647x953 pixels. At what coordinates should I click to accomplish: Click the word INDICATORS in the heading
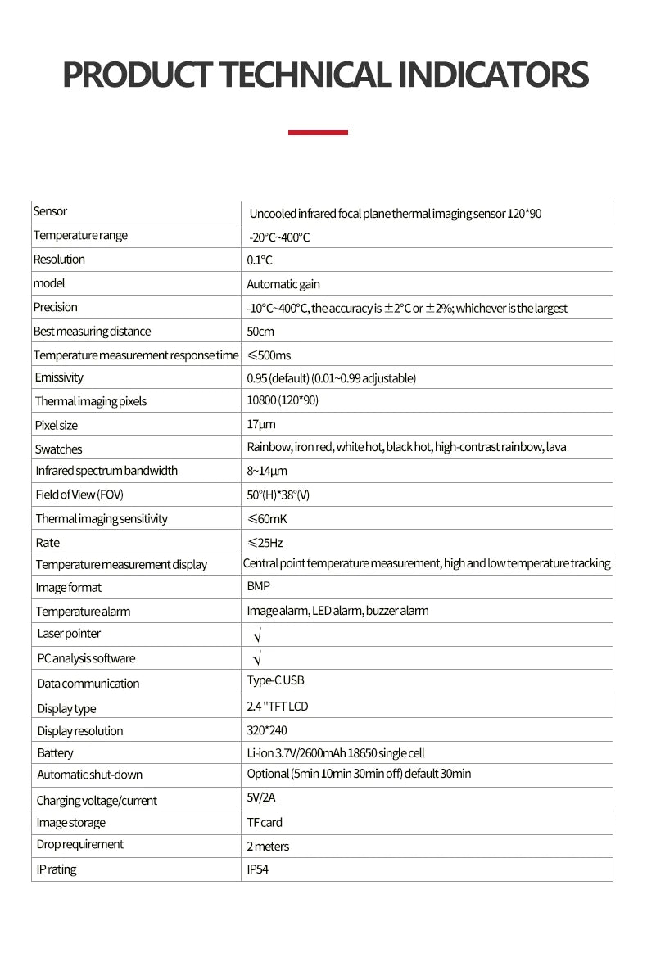coord(494,75)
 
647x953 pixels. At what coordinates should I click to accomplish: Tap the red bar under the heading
coord(319,132)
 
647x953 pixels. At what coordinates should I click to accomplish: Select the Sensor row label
coord(50,211)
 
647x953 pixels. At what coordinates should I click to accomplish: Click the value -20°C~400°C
coord(279,237)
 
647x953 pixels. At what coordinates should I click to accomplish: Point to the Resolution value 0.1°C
coord(260,260)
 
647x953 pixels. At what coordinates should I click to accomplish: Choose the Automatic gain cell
coord(283,284)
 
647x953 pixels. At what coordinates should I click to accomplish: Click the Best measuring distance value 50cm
coord(260,332)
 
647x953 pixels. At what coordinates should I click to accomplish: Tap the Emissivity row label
coord(59,377)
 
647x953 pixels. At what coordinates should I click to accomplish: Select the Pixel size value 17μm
coord(261,424)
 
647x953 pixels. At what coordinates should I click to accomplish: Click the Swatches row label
coord(58,449)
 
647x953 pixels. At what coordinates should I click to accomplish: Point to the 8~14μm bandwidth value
coord(267,471)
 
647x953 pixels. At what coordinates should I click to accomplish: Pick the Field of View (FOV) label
coord(79,495)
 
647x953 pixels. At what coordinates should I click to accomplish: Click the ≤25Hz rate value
coord(265,543)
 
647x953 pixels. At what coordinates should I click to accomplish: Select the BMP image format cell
coord(258,586)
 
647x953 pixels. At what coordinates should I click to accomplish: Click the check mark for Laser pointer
coord(256,635)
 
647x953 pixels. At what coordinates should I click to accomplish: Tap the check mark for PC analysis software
coord(256,658)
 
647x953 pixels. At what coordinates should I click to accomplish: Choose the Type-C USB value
coord(275,680)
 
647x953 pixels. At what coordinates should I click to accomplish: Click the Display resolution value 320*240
coord(267,730)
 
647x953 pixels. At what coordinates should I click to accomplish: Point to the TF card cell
coord(265,822)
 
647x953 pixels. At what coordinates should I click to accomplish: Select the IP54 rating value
coord(257,869)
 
